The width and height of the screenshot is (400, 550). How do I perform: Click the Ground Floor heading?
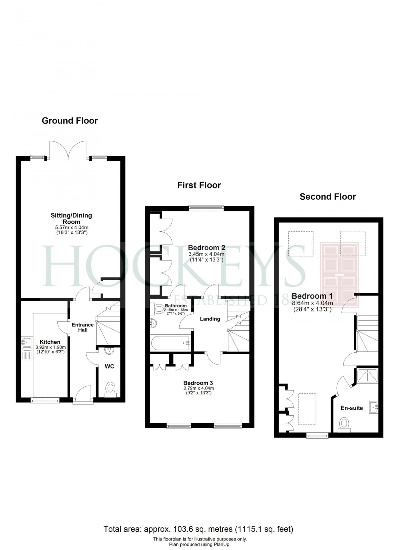(x=70, y=121)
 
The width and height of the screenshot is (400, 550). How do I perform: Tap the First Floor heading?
(x=199, y=185)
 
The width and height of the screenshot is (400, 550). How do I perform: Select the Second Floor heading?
(x=328, y=197)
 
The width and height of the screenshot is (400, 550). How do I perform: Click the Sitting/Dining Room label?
(x=71, y=218)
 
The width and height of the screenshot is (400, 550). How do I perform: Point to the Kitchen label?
(x=50, y=342)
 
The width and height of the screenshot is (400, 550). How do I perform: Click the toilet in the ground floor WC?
(x=110, y=388)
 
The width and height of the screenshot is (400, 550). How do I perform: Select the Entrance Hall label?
(x=83, y=327)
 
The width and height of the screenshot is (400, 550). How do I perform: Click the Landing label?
(x=210, y=319)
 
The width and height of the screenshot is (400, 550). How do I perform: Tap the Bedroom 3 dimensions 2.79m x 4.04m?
(x=198, y=388)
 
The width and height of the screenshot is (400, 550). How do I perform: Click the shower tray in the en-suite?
(x=368, y=376)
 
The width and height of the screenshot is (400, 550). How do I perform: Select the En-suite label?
(x=352, y=408)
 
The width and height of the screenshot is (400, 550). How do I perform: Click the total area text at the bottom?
(x=199, y=529)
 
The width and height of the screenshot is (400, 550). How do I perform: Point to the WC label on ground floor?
(x=109, y=366)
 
